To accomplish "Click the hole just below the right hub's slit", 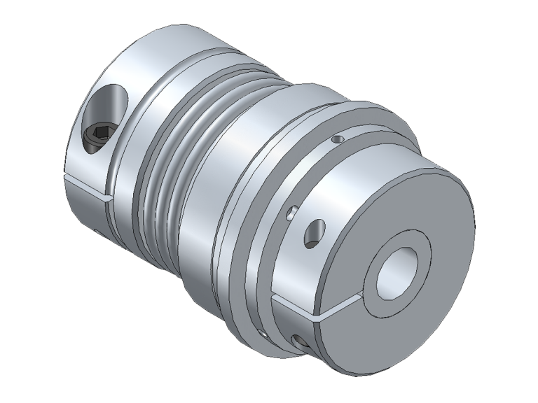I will tap(302, 341).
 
